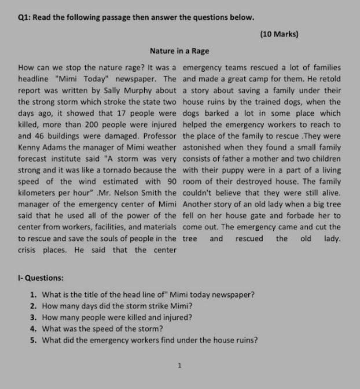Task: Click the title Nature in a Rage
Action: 179,51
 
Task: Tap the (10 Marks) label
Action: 280,34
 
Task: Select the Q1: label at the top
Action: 24,17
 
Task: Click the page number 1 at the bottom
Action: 181,365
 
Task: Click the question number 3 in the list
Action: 33,317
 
